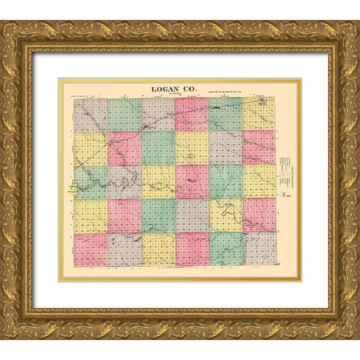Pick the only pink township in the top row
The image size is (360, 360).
pos(191,115)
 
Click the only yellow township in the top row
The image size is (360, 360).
pos(259,115)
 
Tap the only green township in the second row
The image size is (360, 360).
pos(157,148)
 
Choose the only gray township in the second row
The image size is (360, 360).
pos(225,148)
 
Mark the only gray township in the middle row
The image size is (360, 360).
pos(124,181)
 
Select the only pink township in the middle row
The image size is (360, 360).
pos(191,181)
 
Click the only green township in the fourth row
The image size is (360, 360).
pos(157,214)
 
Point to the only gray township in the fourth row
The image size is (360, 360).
pos(191,214)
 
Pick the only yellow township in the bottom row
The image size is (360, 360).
pos(157,249)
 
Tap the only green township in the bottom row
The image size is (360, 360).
pos(225,249)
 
